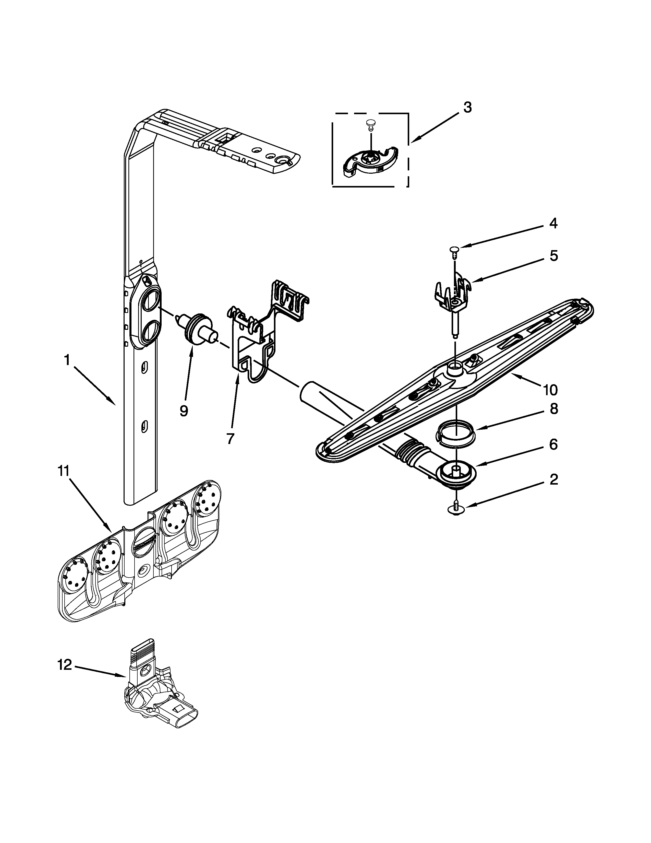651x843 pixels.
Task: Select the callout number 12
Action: (65, 665)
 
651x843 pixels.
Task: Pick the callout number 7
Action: (230, 439)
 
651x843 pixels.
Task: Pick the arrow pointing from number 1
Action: (94, 386)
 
